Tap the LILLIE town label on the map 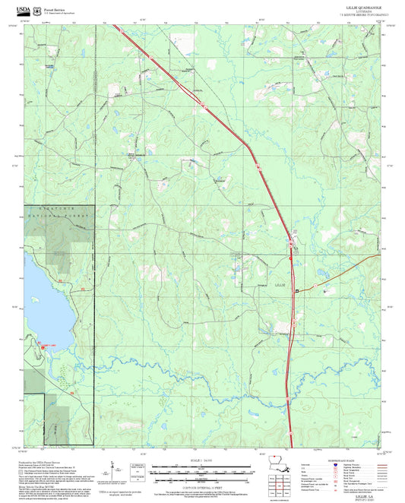coord(280,283)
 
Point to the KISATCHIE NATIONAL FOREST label coord(58,217)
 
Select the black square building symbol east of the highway coord(298,291)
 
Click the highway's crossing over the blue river coord(290,370)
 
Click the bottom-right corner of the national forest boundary coord(94,443)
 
